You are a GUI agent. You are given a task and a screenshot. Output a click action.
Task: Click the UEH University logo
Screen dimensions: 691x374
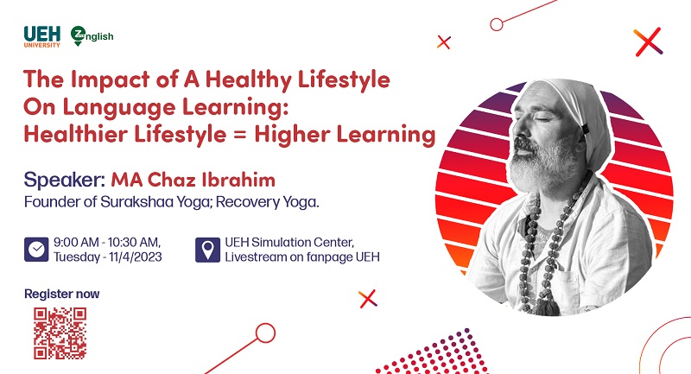41,36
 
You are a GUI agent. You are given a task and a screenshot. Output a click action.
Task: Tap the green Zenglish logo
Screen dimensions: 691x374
92,36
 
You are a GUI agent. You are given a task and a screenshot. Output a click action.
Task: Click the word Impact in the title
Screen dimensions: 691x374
111,79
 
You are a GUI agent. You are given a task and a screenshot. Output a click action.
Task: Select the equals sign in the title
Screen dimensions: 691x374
240,135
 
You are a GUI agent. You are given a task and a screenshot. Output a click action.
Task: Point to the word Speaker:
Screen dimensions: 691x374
64,180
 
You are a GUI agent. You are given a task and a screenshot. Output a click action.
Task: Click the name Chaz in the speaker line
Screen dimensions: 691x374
171,180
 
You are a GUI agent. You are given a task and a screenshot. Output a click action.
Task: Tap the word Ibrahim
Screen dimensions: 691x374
238,180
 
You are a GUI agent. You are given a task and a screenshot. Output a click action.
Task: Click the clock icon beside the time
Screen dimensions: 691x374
36,250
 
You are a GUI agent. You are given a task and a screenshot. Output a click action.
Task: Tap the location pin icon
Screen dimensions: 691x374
207,250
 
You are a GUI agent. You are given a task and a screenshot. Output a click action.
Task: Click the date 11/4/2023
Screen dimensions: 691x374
136,257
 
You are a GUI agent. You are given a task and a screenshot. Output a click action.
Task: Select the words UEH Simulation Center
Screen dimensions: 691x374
289,243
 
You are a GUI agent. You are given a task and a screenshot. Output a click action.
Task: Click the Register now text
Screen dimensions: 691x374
61,294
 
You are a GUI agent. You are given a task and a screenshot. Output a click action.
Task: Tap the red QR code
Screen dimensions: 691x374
60,333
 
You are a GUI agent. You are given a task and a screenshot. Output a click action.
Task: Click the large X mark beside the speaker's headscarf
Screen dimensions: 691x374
649,41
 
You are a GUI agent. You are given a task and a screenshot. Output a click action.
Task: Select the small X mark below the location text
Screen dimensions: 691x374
368,299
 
